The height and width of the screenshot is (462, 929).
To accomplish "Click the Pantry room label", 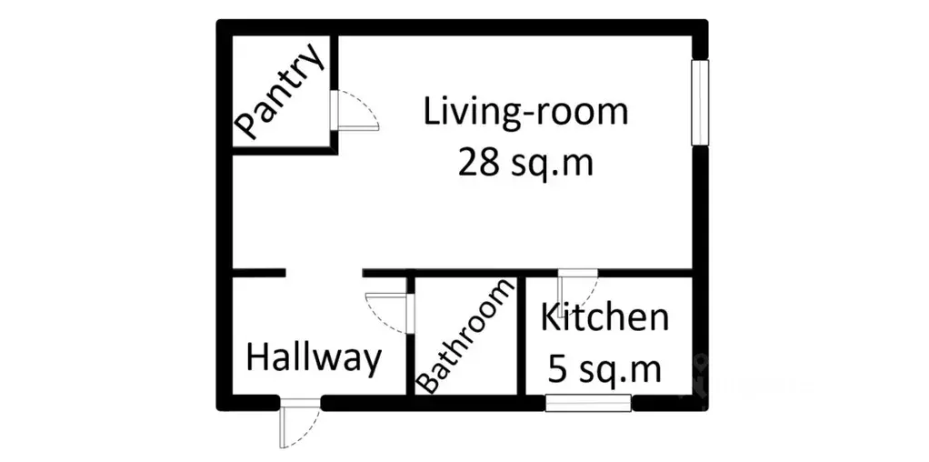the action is point(279,92).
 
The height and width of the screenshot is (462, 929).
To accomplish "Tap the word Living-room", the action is point(525,112).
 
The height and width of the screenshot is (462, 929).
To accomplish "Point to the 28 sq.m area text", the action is point(525,163).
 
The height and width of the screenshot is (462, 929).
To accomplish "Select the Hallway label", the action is point(313,359).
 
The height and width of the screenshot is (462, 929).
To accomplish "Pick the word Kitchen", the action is point(604,317).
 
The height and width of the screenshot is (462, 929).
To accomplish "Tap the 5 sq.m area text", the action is point(604,369).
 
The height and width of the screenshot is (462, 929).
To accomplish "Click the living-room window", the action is point(700,102).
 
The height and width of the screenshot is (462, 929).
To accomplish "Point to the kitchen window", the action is point(588,403).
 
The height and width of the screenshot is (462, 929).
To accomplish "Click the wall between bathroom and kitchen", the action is point(522,336).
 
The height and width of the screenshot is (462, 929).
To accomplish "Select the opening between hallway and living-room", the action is point(325,274).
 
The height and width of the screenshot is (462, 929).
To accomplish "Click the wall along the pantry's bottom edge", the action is point(285,151).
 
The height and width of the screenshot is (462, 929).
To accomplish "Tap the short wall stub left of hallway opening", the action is point(259,274).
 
